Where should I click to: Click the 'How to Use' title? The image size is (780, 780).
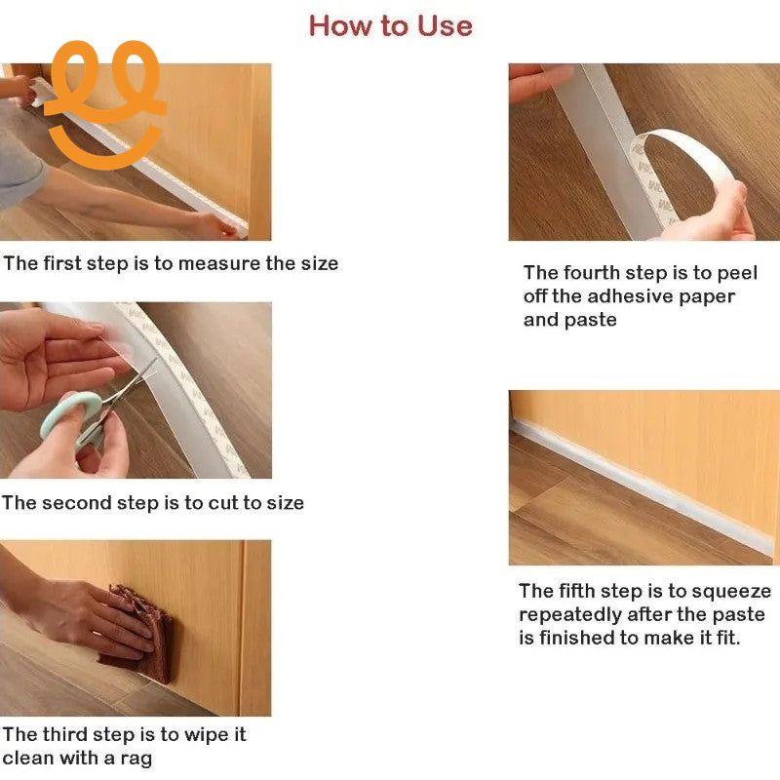click(390, 25)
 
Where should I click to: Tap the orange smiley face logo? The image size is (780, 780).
click(103, 102)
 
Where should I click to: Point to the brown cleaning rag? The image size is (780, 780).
click(136, 634)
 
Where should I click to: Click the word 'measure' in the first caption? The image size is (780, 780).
click(219, 263)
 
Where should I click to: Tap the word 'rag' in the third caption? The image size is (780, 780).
click(135, 759)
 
